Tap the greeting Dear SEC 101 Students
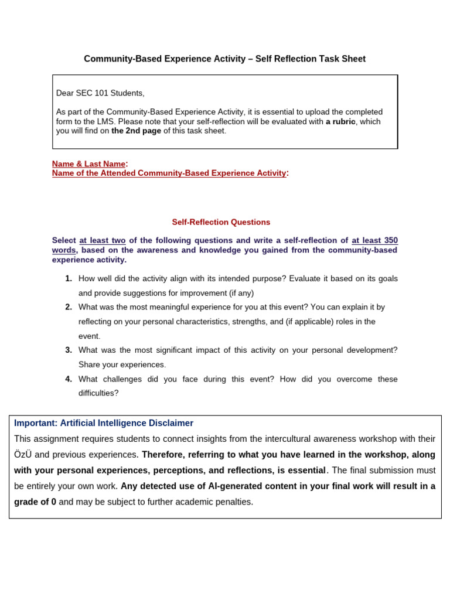[100, 93]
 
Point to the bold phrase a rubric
[340, 121]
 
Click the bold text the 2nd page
[136, 131]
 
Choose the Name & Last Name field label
[89, 164]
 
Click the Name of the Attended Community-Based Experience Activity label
[169, 173]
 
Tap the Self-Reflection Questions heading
[221, 222]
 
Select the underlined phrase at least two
[103, 240]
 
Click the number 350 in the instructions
[390, 240]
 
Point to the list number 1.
[69, 278]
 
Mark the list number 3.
[69, 350]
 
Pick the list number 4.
[69, 379]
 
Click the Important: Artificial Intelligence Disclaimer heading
[104, 423]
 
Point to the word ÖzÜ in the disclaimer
[23, 455]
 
